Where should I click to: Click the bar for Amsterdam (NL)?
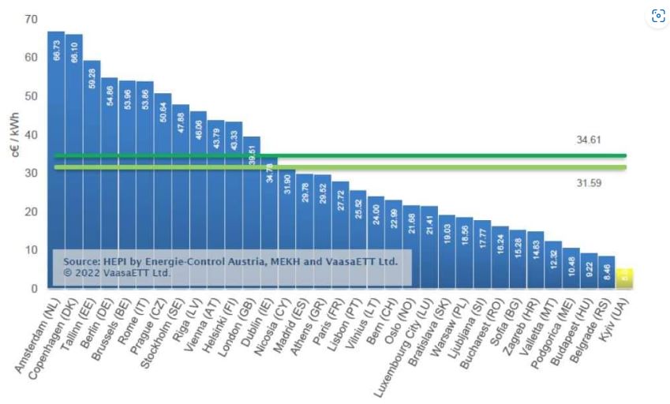[x=56, y=158]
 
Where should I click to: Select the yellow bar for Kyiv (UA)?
[x=624, y=279]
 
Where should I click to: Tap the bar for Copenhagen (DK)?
[x=74, y=158]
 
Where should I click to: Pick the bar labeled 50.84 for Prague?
[x=163, y=189]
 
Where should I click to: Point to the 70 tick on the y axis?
[x=31, y=18]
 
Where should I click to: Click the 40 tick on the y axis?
[x=31, y=134]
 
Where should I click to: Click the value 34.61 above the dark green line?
[x=589, y=140]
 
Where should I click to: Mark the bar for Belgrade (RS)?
[x=606, y=272]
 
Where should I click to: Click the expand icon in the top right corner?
[x=657, y=16]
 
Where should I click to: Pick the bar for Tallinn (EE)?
[x=92, y=174]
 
